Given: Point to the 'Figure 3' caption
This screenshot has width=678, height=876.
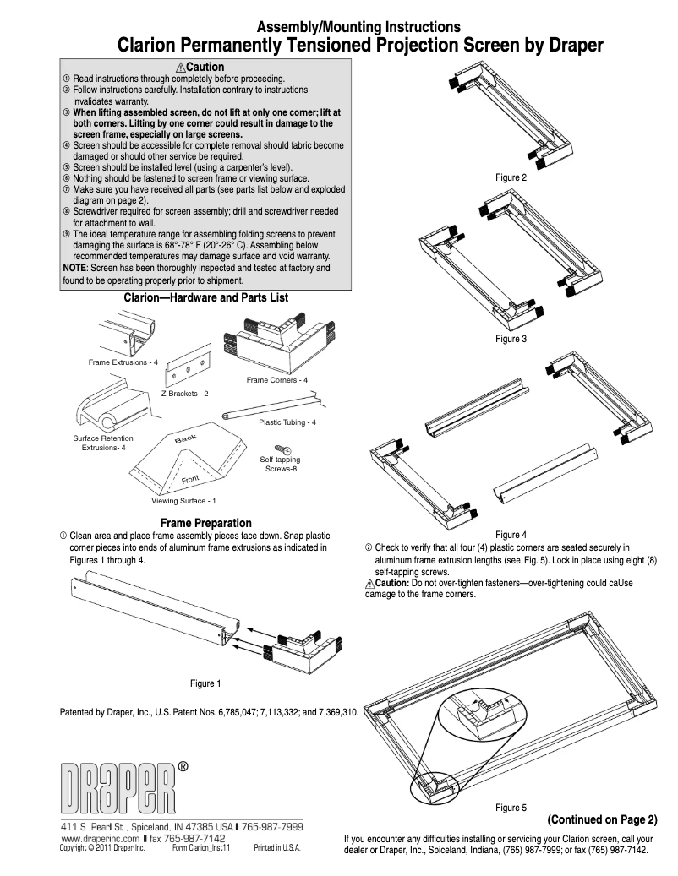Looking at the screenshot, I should click(511, 339).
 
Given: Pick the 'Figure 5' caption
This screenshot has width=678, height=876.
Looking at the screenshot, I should click(511, 808).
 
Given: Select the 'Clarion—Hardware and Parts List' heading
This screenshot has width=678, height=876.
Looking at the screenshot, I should click(206, 298).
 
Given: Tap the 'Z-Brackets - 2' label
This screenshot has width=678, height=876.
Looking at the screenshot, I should click(186, 394).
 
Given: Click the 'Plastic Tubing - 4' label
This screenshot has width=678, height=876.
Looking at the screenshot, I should click(287, 422).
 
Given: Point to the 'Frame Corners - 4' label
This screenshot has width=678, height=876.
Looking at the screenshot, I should click(277, 380).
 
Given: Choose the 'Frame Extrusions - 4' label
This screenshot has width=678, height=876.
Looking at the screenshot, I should click(123, 362).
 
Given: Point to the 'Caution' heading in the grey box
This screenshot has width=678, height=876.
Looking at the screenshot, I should click(200, 67).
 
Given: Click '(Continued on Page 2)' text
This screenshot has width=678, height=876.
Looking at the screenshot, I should click(602, 819).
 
